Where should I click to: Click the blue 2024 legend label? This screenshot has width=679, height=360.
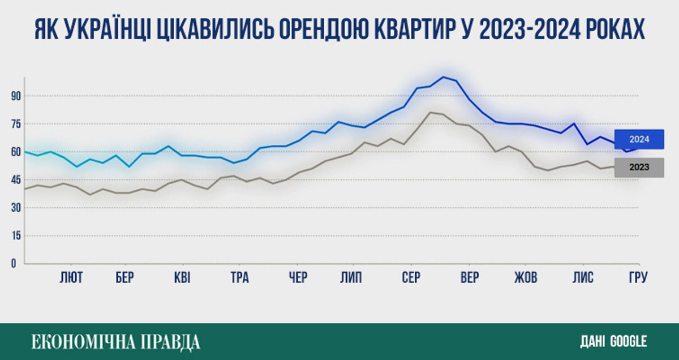[639, 139]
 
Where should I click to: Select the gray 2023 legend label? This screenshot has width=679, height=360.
[639, 167]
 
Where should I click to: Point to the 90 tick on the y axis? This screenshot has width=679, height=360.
[15, 96]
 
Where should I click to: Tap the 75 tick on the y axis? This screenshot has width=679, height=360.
[15, 124]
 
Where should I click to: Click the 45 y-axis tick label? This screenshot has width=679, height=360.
[15, 180]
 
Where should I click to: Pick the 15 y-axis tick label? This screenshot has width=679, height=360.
[15, 235]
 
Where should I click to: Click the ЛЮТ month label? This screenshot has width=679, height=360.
[71, 278]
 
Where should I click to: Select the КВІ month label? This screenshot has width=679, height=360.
[182, 278]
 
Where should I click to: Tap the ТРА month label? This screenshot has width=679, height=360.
[239, 278]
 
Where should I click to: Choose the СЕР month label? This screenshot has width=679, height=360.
[411, 278]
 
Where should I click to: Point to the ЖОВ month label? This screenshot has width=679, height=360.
[526, 278]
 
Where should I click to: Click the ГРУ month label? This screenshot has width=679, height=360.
[638, 278]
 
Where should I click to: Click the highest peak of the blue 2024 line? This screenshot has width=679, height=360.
[444, 77]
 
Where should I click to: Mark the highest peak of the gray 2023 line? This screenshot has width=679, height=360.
[429, 112]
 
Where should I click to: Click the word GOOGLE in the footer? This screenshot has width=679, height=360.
[628, 341]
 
